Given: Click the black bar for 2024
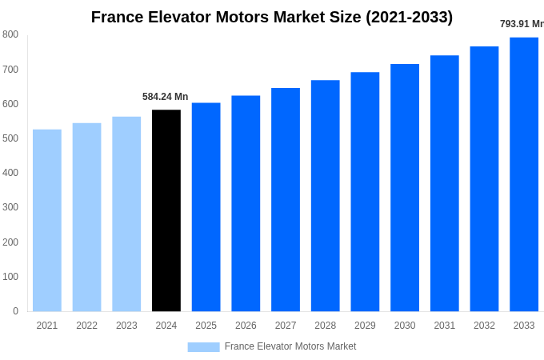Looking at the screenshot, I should pyautogui.click(x=166, y=210).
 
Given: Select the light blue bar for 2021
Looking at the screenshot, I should pyautogui.click(x=47, y=220).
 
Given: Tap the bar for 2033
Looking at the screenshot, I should pyautogui.click(x=524, y=174).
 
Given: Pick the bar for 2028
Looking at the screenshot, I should pyautogui.click(x=326, y=195).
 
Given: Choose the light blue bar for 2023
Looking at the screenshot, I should pyautogui.click(x=126, y=214).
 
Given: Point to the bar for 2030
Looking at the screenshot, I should pyautogui.click(x=405, y=187).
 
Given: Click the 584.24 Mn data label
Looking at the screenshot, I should pyautogui.click(x=166, y=97).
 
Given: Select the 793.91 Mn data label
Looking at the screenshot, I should pyautogui.click(x=522, y=24).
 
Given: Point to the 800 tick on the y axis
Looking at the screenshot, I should pyautogui.click(x=10, y=34).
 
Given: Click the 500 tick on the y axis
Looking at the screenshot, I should pyautogui.click(x=10, y=138).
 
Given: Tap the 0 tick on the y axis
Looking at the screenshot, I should pyautogui.click(x=15, y=311).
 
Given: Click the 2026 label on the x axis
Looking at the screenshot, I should pyautogui.click(x=246, y=326).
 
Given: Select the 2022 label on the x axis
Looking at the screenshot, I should pyautogui.click(x=86, y=326).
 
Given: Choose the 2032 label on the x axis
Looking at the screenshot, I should pyautogui.click(x=484, y=326).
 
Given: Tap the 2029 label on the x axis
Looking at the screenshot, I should pyautogui.click(x=365, y=326).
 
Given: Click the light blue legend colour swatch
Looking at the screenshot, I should pyautogui.click(x=203, y=347).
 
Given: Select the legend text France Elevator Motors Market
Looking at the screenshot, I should pyautogui.click(x=290, y=346).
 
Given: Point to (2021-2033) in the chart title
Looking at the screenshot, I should pyautogui.click(x=409, y=17).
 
